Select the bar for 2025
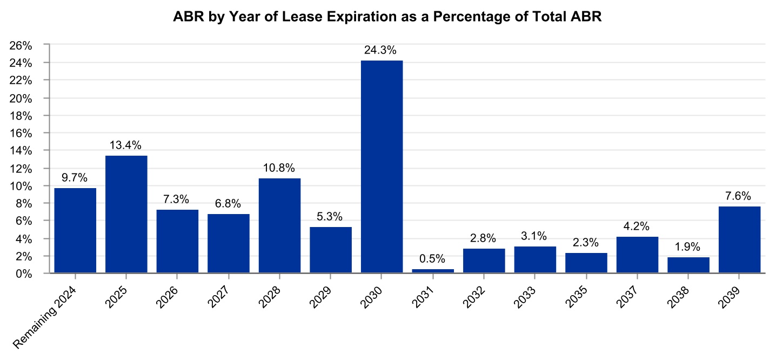point(126,214)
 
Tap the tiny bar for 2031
point(433,271)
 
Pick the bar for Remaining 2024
point(75,230)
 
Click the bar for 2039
point(739,239)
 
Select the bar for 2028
point(279,225)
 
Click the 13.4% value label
point(126,145)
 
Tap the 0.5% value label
point(433,259)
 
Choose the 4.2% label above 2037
point(637,226)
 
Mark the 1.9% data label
point(688,246)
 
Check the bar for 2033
point(535,260)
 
